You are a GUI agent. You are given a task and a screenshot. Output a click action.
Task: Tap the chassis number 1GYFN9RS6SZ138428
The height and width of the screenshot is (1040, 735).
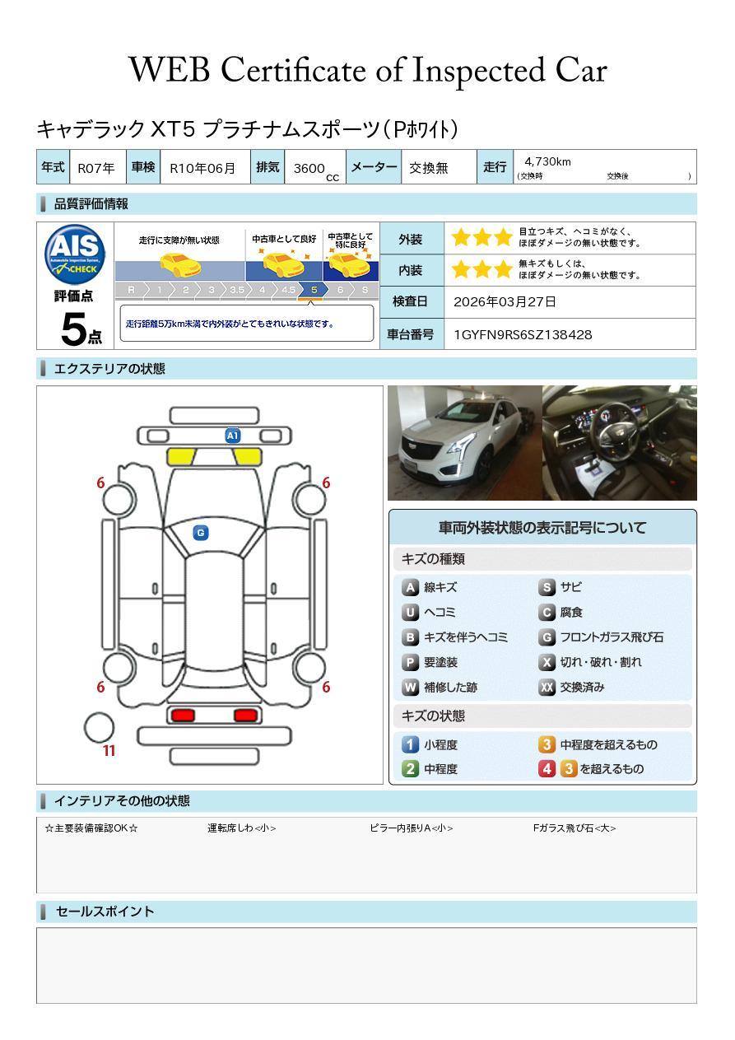(x=523, y=334)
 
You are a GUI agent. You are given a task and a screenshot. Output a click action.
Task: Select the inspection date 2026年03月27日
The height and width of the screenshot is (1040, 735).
(x=505, y=302)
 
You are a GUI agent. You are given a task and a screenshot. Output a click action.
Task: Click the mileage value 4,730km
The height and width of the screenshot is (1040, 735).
(x=547, y=162)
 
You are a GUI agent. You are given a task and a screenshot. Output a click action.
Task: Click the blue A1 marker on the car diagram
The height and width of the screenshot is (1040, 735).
(x=233, y=436)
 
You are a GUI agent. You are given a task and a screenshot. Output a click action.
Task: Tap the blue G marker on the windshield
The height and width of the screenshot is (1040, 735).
(x=200, y=533)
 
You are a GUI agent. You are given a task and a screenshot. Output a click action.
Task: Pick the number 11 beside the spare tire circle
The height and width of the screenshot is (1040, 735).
(x=109, y=751)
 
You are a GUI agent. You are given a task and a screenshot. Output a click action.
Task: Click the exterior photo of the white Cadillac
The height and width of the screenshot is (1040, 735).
(x=464, y=443)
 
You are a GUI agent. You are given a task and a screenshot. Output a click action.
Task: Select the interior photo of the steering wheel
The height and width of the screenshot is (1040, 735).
(x=619, y=443)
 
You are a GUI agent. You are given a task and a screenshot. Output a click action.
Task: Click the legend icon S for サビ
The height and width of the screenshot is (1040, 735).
(x=547, y=588)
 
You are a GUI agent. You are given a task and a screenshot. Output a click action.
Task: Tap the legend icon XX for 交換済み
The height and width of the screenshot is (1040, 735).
(x=547, y=688)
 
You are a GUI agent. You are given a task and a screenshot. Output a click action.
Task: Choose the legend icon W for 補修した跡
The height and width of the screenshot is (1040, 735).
(x=410, y=688)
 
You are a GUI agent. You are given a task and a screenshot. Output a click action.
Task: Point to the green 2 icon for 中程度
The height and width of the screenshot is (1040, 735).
(x=410, y=769)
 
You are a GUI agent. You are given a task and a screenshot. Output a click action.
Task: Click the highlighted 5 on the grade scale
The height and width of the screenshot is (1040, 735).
(x=314, y=291)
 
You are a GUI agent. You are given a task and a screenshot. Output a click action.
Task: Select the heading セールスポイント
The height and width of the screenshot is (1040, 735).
(x=105, y=912)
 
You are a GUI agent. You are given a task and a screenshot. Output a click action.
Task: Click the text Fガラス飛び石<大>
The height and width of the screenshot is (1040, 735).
(x=574, y=828)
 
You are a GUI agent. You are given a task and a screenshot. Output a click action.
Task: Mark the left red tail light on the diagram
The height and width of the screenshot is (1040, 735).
(x=182, y=715)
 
